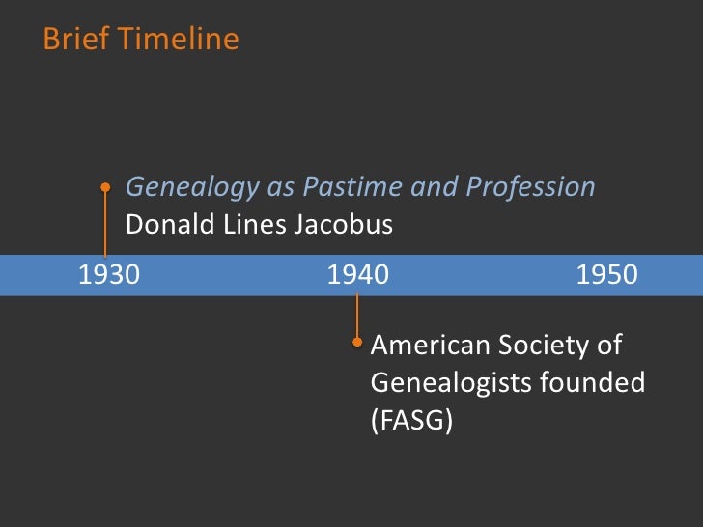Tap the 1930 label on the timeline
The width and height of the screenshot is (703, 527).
(108, 275)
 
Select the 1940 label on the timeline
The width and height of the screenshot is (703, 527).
(357, 275)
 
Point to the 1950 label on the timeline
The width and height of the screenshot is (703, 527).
(606, 275)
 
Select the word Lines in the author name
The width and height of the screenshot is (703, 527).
(253, 225)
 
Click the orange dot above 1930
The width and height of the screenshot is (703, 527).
(106, 188)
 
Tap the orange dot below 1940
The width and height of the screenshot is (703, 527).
(357, 341)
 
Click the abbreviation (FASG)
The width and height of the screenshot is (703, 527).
(411, 422)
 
